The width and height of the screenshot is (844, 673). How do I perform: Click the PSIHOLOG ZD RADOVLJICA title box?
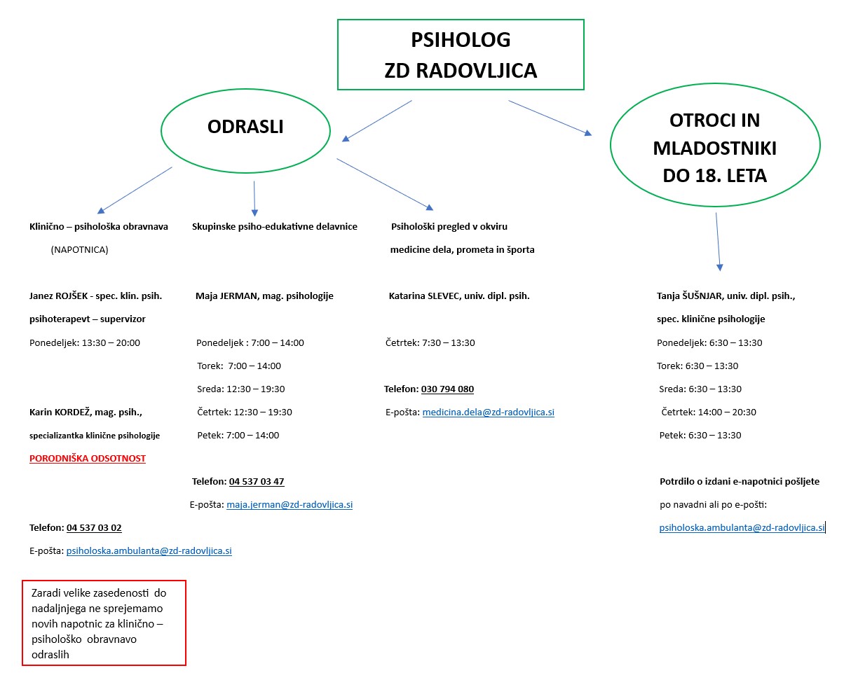point(461,20)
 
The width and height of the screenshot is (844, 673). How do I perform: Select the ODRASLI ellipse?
point(245,90)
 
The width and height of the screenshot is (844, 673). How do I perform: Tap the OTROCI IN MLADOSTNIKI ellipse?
point(715,84)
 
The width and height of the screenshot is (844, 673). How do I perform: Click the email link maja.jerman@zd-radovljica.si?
point(290,504)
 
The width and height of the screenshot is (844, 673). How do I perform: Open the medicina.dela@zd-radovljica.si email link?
point(489,412)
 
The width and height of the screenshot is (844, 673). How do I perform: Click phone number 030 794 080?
point(447,389)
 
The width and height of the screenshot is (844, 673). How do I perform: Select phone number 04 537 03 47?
point(257,481)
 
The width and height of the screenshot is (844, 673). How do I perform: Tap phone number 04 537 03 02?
point(94,527)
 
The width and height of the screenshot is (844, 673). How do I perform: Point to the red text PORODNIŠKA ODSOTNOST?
point(88,458)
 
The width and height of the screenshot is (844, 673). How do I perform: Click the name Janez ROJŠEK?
point(58,296)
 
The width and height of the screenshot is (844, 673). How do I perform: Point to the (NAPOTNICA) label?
point(80,250)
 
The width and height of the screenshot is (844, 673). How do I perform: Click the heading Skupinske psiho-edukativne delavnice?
point(275,227)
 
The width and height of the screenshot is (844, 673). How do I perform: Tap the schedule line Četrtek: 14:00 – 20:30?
point(709,412)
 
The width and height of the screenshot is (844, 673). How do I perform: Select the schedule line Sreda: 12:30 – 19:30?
point(241,389)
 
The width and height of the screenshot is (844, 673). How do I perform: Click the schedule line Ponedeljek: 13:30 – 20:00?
point(85,342)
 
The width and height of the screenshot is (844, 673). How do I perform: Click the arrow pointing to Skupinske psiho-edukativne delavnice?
point(254,199)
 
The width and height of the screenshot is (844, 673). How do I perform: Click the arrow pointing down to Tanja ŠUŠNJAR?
point(718,242)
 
